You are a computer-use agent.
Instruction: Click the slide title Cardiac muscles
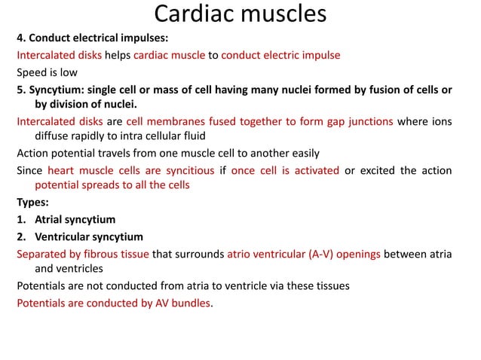(240, 15)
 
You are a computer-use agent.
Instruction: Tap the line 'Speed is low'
(44, 73)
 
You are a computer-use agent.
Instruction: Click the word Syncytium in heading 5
(57, 90)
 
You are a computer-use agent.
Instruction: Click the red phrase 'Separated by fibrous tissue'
(83, 253)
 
